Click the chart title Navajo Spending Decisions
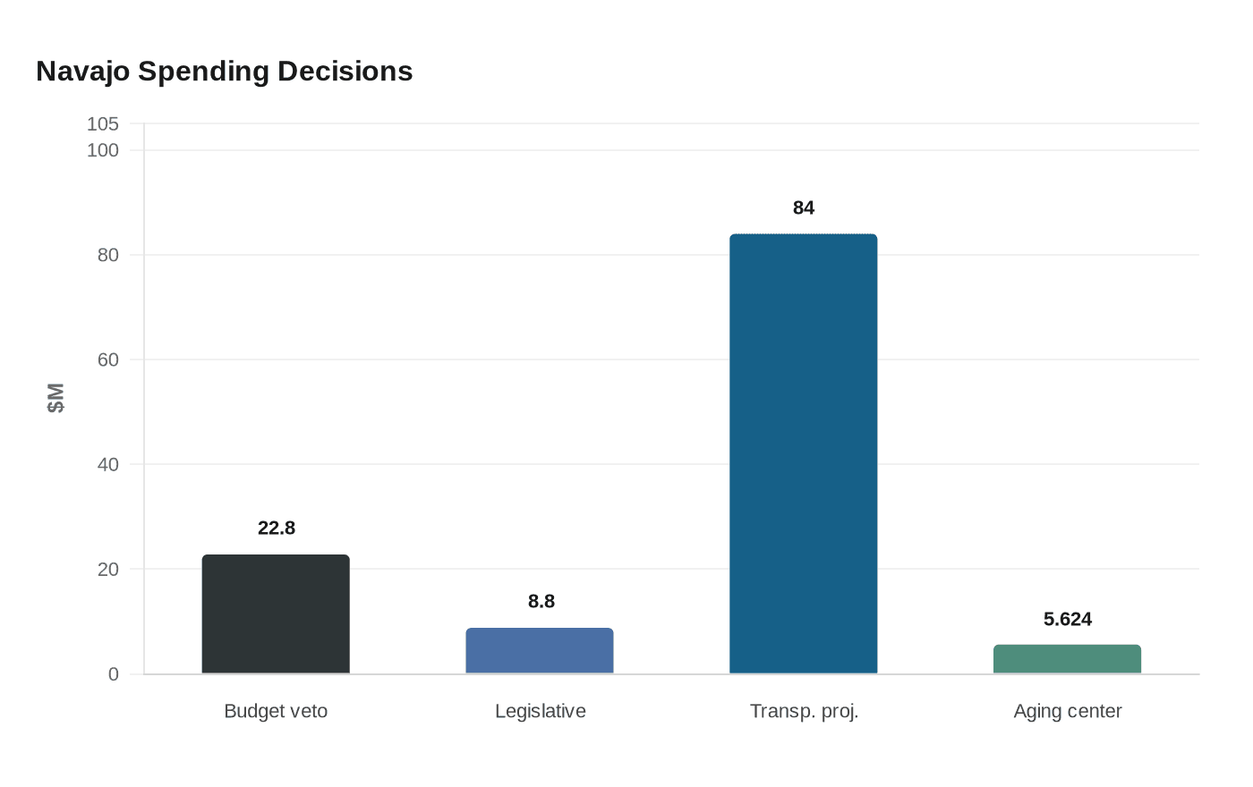(x=224, y=72)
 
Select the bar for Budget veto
(x=276, y=614)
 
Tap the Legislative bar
(x=540, y=651)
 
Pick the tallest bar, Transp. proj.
(x=803, y=454)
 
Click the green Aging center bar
(x=1067, y=659)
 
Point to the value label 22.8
(x=276, y=529)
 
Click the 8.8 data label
(x=541, y=602)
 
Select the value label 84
(x=804, y=208)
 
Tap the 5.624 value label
(x=1067, y=620)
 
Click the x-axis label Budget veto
(x=276, y=711)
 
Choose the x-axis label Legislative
(x=541, y=711)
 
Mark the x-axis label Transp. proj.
(x=804, y=711)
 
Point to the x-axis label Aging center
(x=1067, y=711)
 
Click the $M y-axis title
(x=55, y=398)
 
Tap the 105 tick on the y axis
(x=103, y=124)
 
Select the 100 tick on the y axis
(x=103, y=150)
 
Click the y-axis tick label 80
(x=108, y=255)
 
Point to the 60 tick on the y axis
(x=108, y=360)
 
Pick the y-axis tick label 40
(x=108, y=464)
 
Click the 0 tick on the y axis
(x=114, y=674)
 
